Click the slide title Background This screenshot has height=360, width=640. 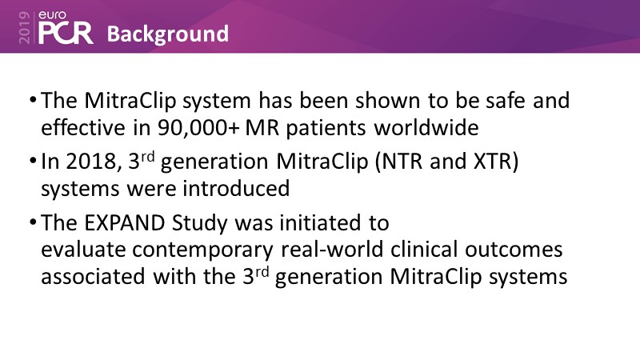pos(168,34)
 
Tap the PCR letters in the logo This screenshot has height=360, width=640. pos(66,33)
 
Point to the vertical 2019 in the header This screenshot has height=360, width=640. pos(25,27)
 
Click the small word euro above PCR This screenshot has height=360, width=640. pos(52,15)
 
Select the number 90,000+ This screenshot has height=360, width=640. pos(198,128)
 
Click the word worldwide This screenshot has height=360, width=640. pos(426,127)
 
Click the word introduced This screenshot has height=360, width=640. pos(236,188)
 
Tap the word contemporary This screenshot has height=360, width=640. pos(203,250)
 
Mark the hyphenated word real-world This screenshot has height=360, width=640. pos(332,250)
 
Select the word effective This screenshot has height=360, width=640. pos(83,127)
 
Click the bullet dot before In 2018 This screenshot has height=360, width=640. pos(33,161)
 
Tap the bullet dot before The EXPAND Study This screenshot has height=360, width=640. pos(33,222)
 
